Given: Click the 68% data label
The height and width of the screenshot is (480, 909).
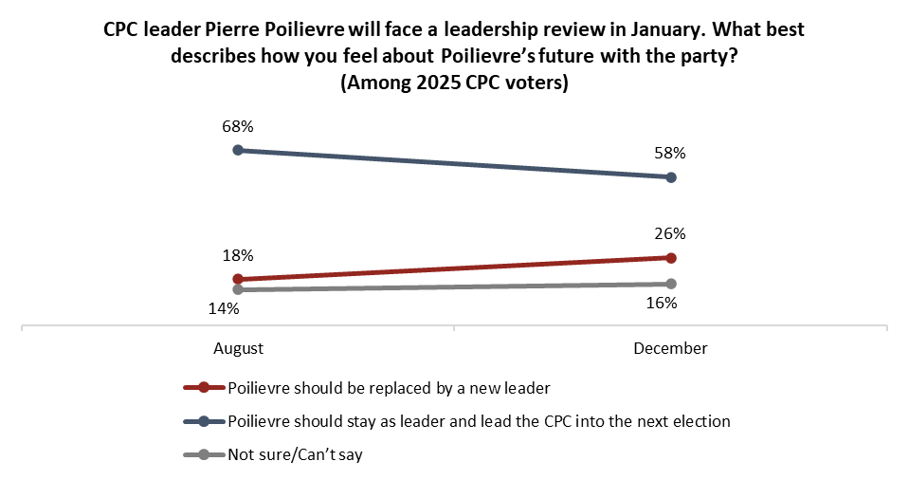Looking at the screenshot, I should pyautogui.click(x=238, y=126).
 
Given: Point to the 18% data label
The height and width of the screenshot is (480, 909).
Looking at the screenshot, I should pyautogui.click(x=238, y=255).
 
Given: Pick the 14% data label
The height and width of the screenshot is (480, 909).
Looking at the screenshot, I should pyautogui.click(x=225, y=307).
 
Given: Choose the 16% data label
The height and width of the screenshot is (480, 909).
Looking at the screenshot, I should pyautogui.click(x=661, y=304).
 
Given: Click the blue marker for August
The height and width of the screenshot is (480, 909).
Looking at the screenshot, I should pyautogui.click(x=238, y=150).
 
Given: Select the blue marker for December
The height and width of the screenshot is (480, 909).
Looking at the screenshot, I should pyautogui.click(x=671, y=177).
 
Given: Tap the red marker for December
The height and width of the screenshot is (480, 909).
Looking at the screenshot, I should pyautogui.click(x=671, y=258).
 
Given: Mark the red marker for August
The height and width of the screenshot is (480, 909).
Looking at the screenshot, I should pyautogui.click(x=238, y=279).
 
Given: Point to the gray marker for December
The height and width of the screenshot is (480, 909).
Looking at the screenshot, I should pyautogui.click(x=671, y=284).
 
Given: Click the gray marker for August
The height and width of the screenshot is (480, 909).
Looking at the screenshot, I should pyautogui.click(x=238, y=289).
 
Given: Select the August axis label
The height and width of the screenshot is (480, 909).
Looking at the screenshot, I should pyautogui.click(x=238, y=348).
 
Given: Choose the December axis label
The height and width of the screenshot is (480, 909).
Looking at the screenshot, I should pyautogui.click(x=670, y=348).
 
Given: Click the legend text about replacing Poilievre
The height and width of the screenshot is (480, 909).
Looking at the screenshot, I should pyautogui.click(x=389, y=387).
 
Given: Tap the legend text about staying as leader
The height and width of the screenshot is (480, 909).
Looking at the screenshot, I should pyautogui.click(x=479, y=421).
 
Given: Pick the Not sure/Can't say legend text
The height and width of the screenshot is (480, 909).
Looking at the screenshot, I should pyautogui.click(x=296, y=454).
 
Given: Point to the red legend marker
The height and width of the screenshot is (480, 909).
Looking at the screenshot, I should pyautogui.click(x=202, y=387).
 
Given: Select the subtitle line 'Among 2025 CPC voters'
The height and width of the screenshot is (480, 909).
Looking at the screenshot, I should pyautogui.click(x=454, y=83).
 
